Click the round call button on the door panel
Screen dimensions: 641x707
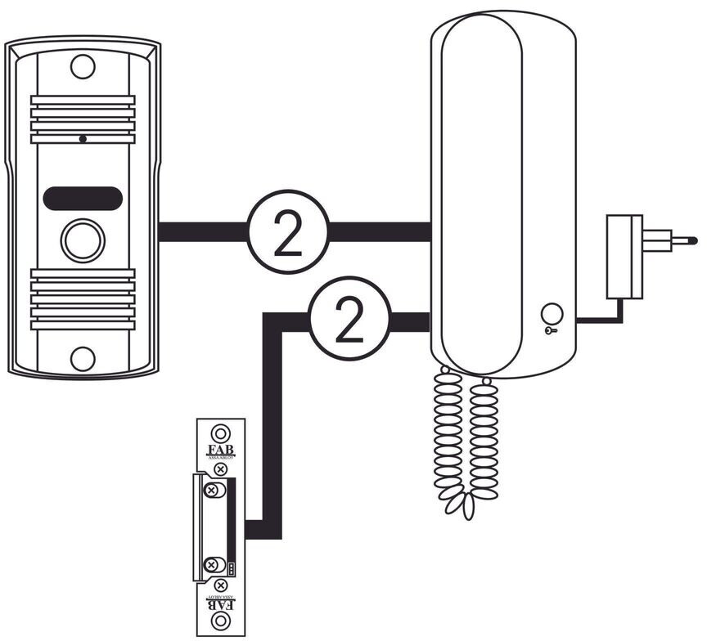(83, 240)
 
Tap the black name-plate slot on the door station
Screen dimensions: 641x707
(83, 197)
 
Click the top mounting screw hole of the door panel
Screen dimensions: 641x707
(83, 65)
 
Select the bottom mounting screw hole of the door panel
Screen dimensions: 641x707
(83, 358)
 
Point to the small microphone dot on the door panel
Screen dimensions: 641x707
(83, 139)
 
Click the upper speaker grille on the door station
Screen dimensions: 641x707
(83, 118)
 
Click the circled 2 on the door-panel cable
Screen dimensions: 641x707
(287, 232)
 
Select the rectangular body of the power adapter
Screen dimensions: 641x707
(623, 257)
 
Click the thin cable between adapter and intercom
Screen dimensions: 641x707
(601, 319)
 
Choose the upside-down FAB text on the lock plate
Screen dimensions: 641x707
(220, 601)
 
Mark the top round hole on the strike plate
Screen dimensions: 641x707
(220, 433)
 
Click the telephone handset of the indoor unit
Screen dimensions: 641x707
(481, 188)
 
